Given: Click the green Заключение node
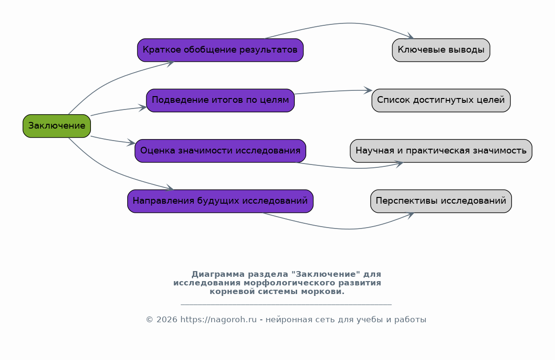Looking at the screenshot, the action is click(x=56, y=126).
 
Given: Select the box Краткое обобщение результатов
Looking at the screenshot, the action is click(x=220, y=50).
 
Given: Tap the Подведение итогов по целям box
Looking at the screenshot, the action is click(x=220, y=100).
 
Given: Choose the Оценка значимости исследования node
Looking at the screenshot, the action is click(x=220, y=151).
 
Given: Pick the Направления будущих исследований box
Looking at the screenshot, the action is click(x=220, y=201).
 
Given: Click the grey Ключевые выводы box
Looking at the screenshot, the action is click(x=441, y=50).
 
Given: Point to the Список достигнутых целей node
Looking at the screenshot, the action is click(x=441, y=100).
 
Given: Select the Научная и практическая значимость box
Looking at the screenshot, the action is click(x=441, y=151).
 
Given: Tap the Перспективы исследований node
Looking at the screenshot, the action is click(x=441, y=201).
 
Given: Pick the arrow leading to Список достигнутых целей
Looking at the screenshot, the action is click(x=333, y=91).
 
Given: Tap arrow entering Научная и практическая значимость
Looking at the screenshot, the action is click(x=354, y=168).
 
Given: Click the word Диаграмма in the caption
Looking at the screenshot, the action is click(x=218, y=274).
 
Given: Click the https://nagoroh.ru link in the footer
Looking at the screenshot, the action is click(x=218, y=320).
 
